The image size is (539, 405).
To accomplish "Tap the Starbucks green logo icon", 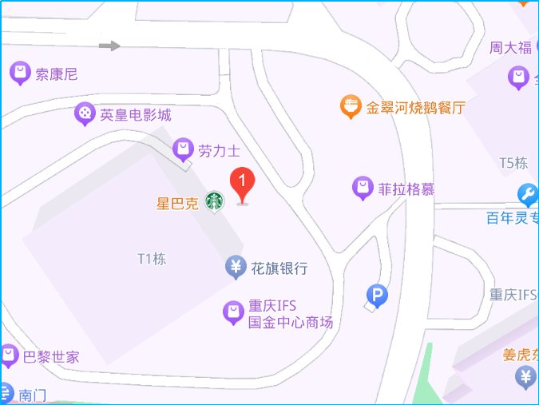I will [x=214, y=202].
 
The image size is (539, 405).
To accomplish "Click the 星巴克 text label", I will [x=176, y=203].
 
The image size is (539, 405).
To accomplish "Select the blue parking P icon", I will [x=376, y=296].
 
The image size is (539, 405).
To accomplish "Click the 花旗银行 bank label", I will [x=279, y=268].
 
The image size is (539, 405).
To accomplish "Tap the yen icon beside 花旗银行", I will [x=236, y=267].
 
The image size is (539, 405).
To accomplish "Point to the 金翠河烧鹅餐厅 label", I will [x=415, y=107].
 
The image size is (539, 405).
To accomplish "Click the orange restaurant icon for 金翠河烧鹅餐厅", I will [x=350, y=106].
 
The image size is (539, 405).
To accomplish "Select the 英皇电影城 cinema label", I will [x=136, y=114].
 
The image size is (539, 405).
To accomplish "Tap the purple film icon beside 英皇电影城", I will [x=84, y=114].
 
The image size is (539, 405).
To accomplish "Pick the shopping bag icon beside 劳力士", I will [x=184, y=149].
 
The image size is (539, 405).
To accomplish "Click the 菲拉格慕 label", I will [x=406, y=189].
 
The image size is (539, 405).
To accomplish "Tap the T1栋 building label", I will [x=152, y=259].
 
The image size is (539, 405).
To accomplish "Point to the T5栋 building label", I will [x=514, y=164].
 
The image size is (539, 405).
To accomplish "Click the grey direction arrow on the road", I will [x=109, y=46].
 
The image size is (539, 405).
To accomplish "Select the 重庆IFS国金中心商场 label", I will [x=289, y=314].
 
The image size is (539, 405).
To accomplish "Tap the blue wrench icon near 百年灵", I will [x=527, y=194].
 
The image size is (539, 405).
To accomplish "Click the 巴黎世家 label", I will [x=50, y=356].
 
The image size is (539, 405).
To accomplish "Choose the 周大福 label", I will [x=511, y=48].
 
